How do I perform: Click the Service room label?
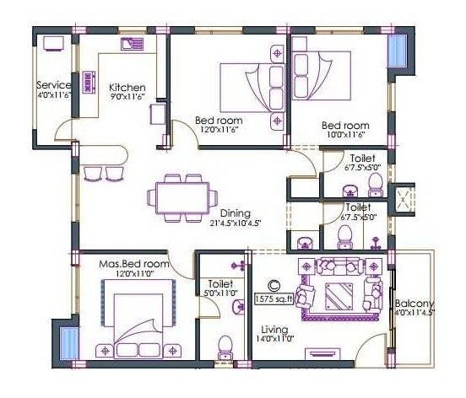point(53,85)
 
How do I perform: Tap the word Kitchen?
point(127,88)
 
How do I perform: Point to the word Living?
point(274,329)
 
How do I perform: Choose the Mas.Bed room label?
point(133,264)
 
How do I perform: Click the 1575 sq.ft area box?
point(274,297)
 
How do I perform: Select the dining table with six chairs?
point(178,198)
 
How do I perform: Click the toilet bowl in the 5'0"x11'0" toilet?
point(225,346)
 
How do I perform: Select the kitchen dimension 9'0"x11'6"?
point(127,98)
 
